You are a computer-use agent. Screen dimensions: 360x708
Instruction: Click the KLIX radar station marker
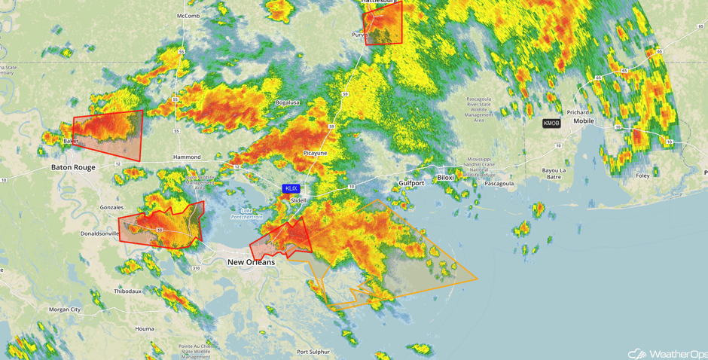(291, 188)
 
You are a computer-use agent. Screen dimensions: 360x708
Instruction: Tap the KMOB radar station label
(551, 123)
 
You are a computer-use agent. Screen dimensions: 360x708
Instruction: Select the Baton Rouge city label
(73, 167)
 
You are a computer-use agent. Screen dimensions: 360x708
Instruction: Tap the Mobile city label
(584, 121)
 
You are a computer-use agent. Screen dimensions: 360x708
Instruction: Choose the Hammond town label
(188, 157)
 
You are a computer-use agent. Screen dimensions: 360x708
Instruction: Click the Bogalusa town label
(288, 102)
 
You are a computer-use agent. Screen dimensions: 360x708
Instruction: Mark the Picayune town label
(315, 153)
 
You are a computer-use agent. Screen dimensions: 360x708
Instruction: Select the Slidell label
(298, 200)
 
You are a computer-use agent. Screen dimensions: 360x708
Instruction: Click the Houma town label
(145, 328)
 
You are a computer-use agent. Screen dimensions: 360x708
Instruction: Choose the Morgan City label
(65, 310)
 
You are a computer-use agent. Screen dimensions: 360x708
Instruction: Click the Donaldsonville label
(99, 233)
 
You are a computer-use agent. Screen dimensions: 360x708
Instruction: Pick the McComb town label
(188, 16)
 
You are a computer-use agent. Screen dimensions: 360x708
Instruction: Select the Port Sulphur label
(313, 352)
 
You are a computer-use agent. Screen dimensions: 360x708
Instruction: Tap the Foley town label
(642, 175)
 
